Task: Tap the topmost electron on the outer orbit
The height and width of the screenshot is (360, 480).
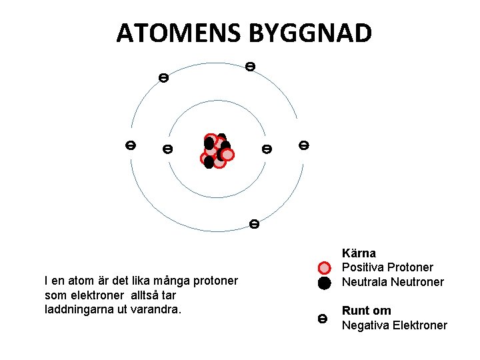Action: pos(249,66)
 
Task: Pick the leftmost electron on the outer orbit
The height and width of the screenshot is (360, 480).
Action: pos(131,145)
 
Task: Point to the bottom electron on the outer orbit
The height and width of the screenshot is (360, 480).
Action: pos(254,223)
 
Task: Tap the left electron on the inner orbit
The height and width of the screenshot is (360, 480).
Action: pos(167,149)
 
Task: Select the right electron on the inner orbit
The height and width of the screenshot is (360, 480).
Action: pos(267,149)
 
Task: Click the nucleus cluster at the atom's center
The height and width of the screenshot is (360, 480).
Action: pos(217,151)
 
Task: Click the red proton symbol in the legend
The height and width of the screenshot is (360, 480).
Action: pos(324,268)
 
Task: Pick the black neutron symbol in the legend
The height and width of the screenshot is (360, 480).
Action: pos(324,283)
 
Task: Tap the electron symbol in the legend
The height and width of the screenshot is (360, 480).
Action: pos(323,319)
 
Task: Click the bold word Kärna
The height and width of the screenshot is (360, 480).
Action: pos(359,253)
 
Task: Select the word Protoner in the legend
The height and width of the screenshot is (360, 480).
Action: pos(409,267)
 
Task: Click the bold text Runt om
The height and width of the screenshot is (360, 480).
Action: pos(366,311)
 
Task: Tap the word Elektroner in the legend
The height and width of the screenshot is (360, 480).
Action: pos(418,325)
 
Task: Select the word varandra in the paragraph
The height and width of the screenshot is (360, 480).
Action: pos(159,309)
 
